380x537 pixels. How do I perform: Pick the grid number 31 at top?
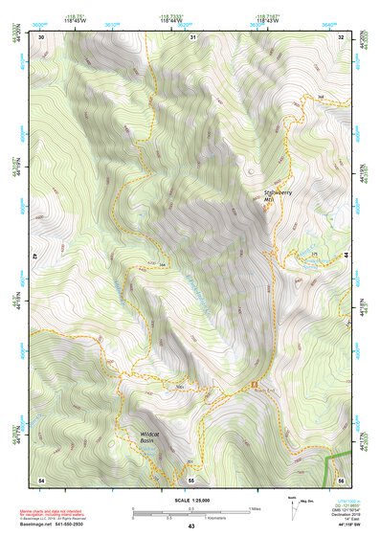(x=192, y=36)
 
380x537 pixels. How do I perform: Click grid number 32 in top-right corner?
(x=341, y=36)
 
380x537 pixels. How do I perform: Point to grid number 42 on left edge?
(x=35, y=257)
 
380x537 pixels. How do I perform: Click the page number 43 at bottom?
(x=190, y=526)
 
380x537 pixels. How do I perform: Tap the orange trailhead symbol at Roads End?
(x=255, y=385)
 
